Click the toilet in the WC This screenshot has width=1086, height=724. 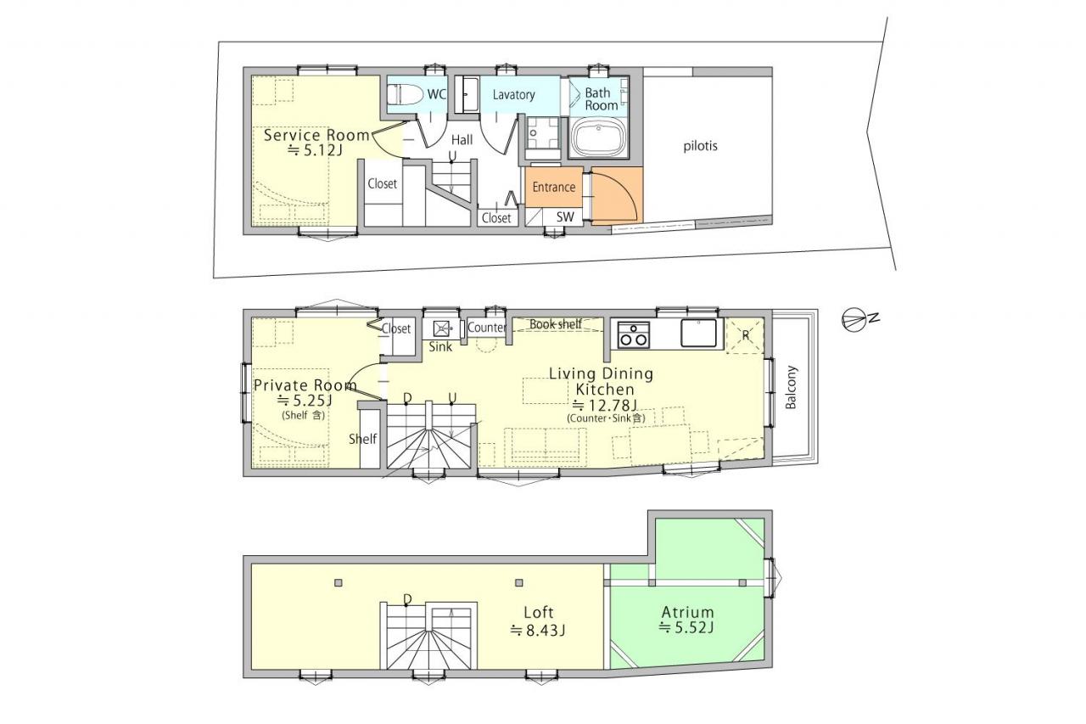pyautogui.click(x=406, y=94)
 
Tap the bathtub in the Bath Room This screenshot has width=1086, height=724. pyautogui.click(x=598, y=138)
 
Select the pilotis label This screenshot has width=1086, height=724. pyautogui.click(x=700, y=146)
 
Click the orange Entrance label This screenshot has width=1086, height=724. pyautogui.click(x=554, y=188)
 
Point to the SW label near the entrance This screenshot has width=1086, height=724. pyautogui.click(x=565, y=216)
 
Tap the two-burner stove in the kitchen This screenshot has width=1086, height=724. pyautogui.click(x=633, y=334)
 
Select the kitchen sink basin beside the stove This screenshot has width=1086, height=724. pyautogui.click(x=698, y=333)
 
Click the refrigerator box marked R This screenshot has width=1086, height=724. pyautogui.click(x=745, y=335)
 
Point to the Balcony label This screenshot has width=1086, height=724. pyautogui.click(x=791, y=387)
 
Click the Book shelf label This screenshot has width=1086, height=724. pyautogui.click(x=556, y=324)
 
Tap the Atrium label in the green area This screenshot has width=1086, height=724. pyautogui.click(x=687, y=612)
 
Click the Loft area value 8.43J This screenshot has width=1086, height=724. pyautogui.click(x=538, y=631)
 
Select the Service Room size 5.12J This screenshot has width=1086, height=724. pyautogui.click(x=316, y=150)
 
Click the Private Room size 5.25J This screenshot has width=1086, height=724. pyautogui.click(x=305, y=401)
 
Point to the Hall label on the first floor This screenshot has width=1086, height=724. pyautogui.click(x=462, y=140)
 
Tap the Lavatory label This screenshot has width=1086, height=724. pyautogui.click(x=513, y=94)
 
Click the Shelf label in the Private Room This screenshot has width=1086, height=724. pyautogui.click(x=362, y=439)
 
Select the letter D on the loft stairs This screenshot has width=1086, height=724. pyautogui.click(x=407, y=600)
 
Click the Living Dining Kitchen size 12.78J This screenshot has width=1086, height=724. pyautogui.click(x=605, y=405)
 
